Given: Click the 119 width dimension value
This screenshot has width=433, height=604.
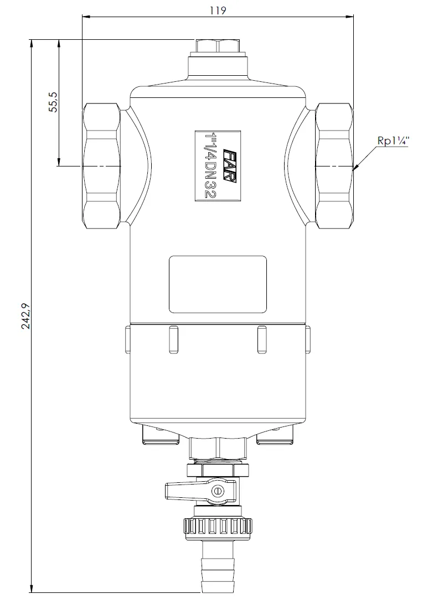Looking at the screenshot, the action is point(218,10).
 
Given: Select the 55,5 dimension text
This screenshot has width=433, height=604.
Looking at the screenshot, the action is point(54,102).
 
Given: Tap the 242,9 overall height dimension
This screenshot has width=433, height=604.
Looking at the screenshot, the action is point(26,316).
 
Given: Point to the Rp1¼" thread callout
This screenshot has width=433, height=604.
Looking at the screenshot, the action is point(393,140).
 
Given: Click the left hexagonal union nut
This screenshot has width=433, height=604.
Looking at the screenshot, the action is point(101,166).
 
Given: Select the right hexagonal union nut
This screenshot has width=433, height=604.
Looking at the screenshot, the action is point(334,166).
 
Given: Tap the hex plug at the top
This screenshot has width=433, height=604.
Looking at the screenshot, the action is point(218,47).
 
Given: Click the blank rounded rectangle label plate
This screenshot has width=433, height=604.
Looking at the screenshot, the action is point(218,284).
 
